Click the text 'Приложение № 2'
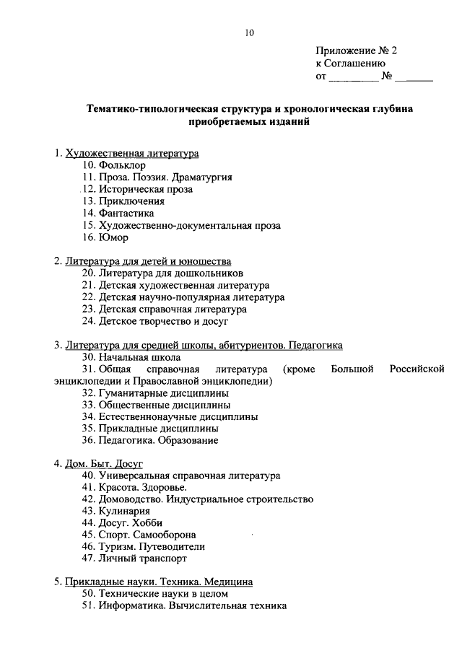pos(357,51)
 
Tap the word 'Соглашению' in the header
pos(355,63)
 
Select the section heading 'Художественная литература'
pos(131,153)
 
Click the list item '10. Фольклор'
pos(113,165)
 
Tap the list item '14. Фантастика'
pos(118,214)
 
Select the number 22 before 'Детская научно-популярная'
pos(88,297)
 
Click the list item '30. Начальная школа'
pos(131,356)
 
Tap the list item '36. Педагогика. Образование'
pos(149,439)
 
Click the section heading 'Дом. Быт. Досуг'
pos(104,463)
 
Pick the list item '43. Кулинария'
pos(115,511)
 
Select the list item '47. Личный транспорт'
pos(134,558)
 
